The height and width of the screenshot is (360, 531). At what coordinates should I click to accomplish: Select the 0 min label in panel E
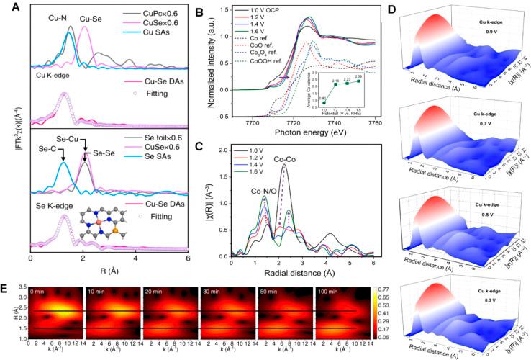(x=40, y=287)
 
